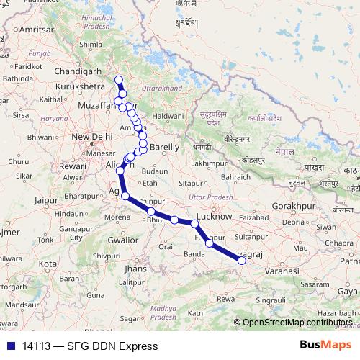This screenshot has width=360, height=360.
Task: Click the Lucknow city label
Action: [x=214, y=216]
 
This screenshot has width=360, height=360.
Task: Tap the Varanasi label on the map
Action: [x=279, y=271]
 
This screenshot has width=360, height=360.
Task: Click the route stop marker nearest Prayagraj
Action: [x=242, y=261]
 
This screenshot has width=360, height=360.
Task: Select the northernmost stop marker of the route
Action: [x=119, y=79]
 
